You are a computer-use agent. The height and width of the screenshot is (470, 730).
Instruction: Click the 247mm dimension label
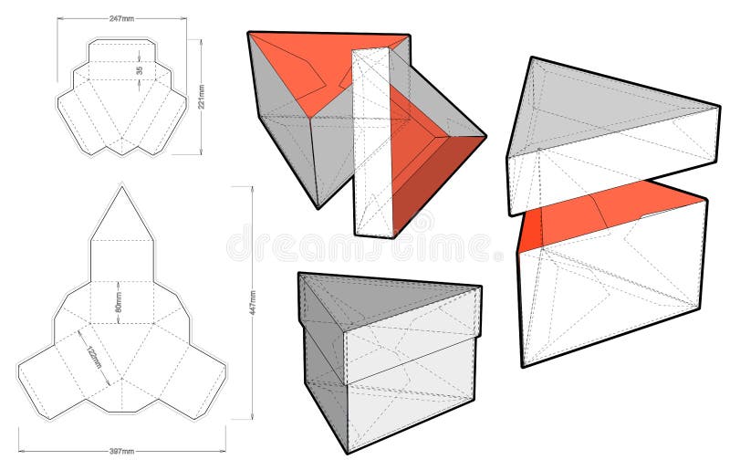click(122, 18)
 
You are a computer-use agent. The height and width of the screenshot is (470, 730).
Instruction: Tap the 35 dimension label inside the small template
click(140, 71)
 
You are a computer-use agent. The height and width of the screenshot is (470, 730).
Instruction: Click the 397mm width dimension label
click(122, 451)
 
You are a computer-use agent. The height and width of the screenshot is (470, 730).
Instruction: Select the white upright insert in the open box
click(372, 146)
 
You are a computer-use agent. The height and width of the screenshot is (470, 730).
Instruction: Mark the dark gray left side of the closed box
click(321, 365)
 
